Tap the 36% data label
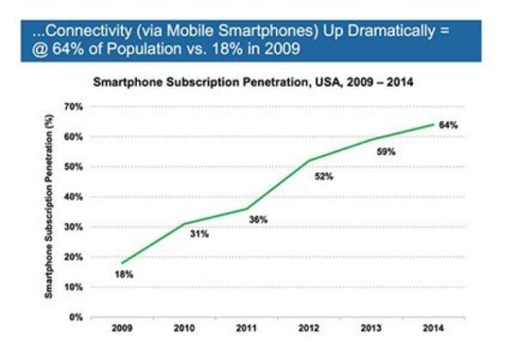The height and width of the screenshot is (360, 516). coord(259,220)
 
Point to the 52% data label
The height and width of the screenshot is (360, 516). coord(322,176)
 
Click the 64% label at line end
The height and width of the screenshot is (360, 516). coord(448,125)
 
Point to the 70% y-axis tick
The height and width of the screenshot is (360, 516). coord(74,107)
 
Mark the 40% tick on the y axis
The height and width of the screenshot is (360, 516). coord(74,197)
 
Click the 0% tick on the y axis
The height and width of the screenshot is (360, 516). coord(77,317)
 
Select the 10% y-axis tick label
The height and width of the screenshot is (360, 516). coord(74,287)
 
